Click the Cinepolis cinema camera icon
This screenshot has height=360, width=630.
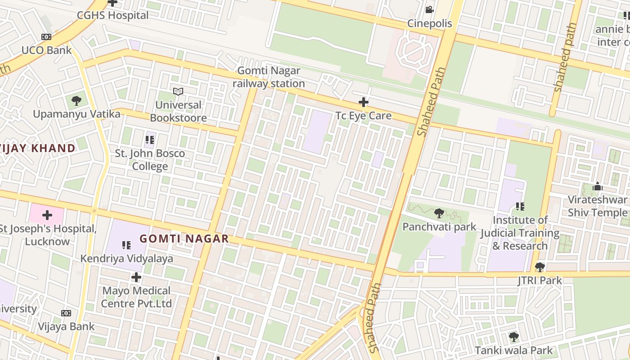coord(429,9)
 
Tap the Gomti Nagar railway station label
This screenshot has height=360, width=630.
coord(269,77)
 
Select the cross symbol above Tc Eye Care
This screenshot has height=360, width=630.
coord(364,102)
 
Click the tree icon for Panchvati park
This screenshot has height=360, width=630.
coord(439,213)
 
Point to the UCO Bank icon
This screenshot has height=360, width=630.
coord(46,37)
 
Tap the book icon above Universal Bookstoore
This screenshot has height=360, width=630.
coord(178,92)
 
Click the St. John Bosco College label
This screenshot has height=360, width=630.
coord(150,160)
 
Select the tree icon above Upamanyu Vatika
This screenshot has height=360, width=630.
coord(76,100)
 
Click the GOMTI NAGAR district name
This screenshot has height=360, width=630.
coord(184,238)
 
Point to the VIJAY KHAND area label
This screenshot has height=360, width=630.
coord(38,148)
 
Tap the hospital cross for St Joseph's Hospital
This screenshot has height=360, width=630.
coord(47,215)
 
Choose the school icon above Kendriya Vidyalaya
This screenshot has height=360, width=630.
coord(126,245)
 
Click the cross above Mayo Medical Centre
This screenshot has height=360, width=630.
coord(136,277)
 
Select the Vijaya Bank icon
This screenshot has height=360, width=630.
coord(66,313)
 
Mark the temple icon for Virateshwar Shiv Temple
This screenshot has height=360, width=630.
coord(598,186)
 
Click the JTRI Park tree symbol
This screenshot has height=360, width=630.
coord(540,267)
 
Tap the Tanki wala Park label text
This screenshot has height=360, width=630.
coord(513,350)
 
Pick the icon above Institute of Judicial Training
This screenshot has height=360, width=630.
coord(520,207)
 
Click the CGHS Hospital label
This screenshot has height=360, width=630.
coord(112,15)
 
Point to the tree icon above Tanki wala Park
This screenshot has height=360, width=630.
coord(513,337)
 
